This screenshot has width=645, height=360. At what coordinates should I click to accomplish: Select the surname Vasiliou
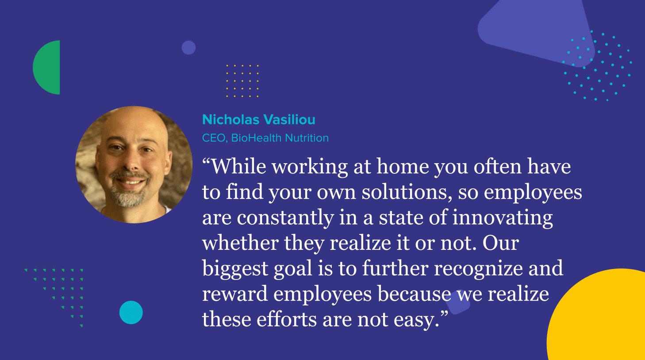(289, 119)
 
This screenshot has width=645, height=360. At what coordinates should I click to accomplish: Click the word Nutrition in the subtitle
(307, 138)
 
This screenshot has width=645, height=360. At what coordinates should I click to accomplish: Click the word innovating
(503, 218)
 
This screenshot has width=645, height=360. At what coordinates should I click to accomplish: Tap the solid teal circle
(131, 313)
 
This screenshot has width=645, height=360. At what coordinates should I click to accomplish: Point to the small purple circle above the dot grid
(188, 47)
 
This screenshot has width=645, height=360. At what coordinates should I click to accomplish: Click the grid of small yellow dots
(242, 81)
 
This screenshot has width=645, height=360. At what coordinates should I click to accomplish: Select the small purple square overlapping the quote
(458, 302)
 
